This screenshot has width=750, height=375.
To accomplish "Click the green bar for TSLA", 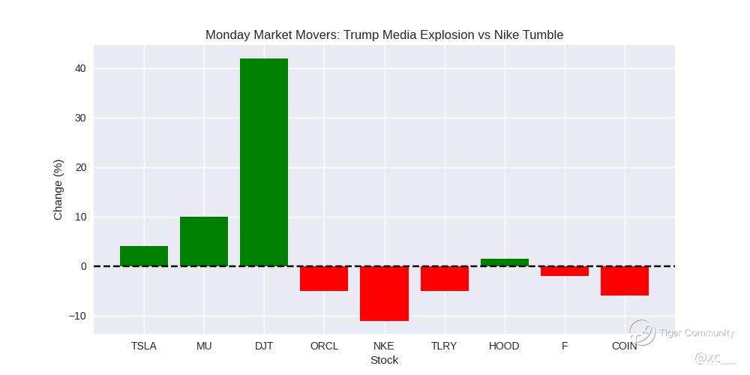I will click(144, 256).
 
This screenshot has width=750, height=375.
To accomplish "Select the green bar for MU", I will click(204, 241).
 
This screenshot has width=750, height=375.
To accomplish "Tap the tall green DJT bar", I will click(264, 162).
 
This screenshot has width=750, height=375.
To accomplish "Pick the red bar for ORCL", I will click(324, 278).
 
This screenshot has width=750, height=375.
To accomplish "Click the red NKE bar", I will click(384, 293).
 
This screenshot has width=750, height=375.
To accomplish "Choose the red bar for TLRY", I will click(445, 278).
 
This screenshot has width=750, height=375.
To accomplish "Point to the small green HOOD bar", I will click(505, 262).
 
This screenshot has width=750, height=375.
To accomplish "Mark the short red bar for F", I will click(565, 271).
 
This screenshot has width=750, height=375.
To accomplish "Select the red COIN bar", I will click(625, 280).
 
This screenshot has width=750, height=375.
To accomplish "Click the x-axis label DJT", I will click(264, 346).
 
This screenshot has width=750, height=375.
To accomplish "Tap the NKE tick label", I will click(384, 346).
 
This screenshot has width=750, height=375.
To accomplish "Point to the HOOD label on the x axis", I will click(504, 346).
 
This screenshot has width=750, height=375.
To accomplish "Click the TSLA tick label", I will click(144, 346).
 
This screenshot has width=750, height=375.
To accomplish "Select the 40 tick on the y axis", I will click(80, 68).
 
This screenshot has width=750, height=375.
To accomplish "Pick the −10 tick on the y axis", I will click(77, 316).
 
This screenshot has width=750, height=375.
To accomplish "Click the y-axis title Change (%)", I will click(58, 190).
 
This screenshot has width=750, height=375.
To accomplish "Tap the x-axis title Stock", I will click(384, 360).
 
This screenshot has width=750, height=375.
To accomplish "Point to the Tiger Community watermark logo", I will click(642, 332).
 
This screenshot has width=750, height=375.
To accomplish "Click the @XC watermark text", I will click(715, 358).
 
